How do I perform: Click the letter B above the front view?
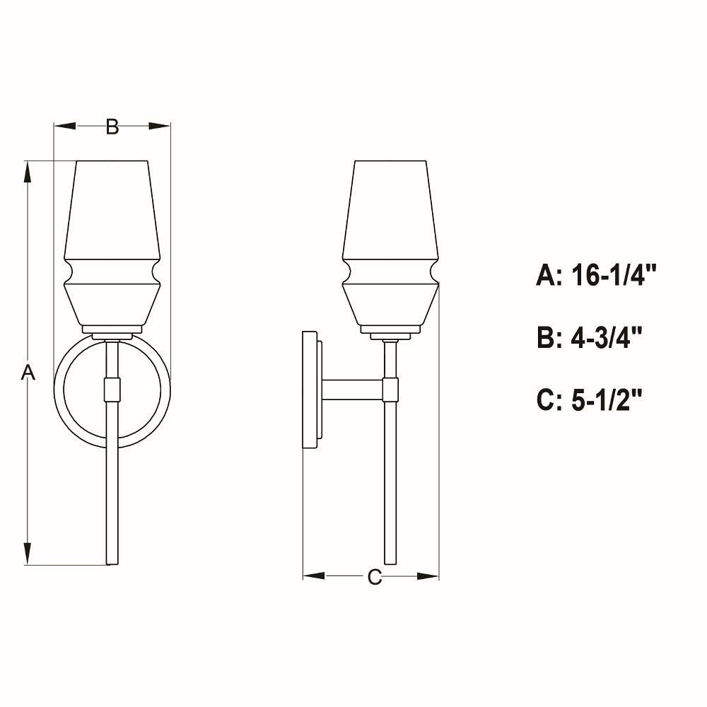[112, 127]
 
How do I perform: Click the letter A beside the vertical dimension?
[28, 373]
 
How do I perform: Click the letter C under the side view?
[374, 577]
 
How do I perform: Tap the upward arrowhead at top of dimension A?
[28, 172]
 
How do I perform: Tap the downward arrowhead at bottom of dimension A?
[28, 554]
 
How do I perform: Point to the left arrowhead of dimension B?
[65, 127]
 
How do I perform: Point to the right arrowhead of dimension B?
[160, 127]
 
